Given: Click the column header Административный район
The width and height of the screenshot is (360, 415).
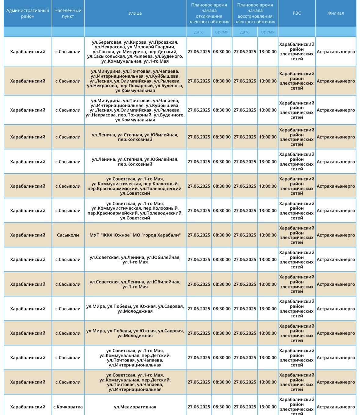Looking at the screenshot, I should point(27,13).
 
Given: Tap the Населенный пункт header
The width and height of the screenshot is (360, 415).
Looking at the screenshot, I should point(68,13).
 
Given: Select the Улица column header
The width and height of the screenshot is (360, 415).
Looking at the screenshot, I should point(135,13).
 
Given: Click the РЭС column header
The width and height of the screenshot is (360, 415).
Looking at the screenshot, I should point(296,13).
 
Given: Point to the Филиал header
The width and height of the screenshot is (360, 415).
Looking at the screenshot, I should point(336,13).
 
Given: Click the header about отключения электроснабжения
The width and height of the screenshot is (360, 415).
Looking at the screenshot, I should point(209,13).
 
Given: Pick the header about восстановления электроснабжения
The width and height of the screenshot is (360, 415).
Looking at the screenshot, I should point(255,13).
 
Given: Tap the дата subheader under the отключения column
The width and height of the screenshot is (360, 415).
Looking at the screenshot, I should point(199,32).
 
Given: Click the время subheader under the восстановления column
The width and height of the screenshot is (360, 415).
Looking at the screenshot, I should point(268,32).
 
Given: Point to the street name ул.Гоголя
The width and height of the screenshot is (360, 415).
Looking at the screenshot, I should point(104,52).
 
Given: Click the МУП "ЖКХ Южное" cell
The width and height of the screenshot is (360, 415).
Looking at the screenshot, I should point(135,235).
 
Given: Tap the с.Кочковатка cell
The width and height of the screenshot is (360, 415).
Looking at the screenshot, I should point(68,407).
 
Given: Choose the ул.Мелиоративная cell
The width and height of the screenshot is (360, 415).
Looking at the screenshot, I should point(135,407).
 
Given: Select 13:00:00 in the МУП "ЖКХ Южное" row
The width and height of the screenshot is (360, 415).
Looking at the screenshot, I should point(268,235).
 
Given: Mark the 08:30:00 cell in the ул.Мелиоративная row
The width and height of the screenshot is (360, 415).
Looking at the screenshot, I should point(222,407).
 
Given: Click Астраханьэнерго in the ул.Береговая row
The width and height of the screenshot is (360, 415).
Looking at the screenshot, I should point(336,52).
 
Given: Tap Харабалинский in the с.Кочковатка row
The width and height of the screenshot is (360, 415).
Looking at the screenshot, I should point(27,407).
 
